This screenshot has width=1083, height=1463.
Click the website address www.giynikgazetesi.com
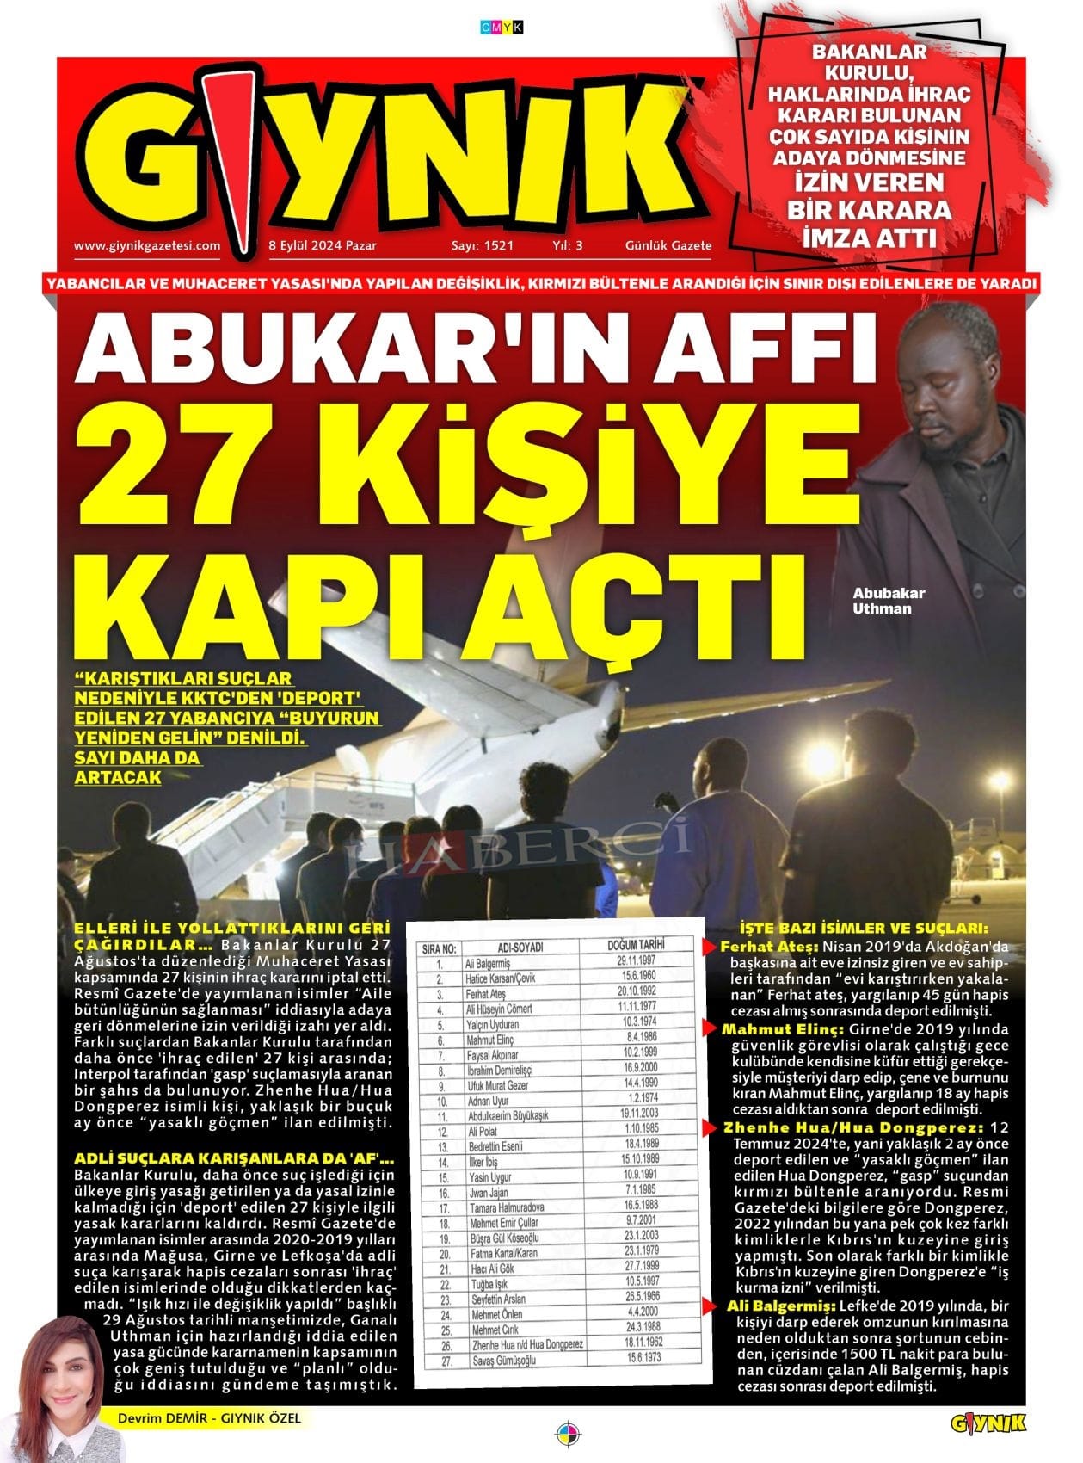[147, 245]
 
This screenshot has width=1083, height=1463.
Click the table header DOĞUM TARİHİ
[636, 944]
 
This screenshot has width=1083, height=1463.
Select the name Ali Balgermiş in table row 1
[487, 964]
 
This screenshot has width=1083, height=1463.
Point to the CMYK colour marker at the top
[501, 28]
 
